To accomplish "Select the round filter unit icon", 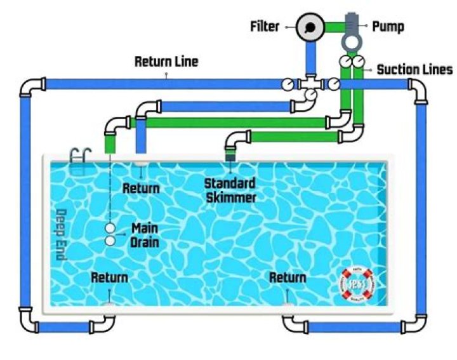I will click(310, 27).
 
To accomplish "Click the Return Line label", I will click(166, 62).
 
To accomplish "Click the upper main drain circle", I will click(110, 228).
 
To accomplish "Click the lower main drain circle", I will click(110, 241).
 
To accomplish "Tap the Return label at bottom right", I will click(288, 277).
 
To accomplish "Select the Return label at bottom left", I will click(109, 277).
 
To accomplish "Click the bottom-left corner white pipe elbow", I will click(29, 318).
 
